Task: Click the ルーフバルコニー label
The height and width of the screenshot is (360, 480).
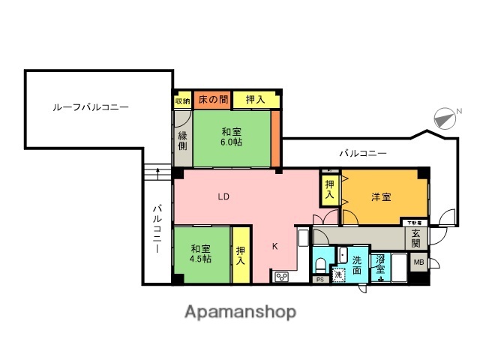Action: pos(91,107)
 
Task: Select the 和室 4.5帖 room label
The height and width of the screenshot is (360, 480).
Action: pos(200,253)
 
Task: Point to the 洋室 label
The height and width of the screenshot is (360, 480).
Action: pos(381,197)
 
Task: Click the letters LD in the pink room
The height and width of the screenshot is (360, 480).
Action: pos(223,198)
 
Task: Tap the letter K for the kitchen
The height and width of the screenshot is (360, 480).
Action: pos(275,245)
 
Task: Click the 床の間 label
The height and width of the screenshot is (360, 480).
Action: pos(213,99)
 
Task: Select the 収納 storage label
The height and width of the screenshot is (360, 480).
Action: pos(182,100)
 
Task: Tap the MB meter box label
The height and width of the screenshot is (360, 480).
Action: pos(418,262)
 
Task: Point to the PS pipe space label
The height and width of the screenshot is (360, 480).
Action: pos(319,280)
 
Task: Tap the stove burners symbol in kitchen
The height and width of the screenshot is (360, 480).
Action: pos(282,277)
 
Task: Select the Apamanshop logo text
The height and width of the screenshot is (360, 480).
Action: pos(240,311)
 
